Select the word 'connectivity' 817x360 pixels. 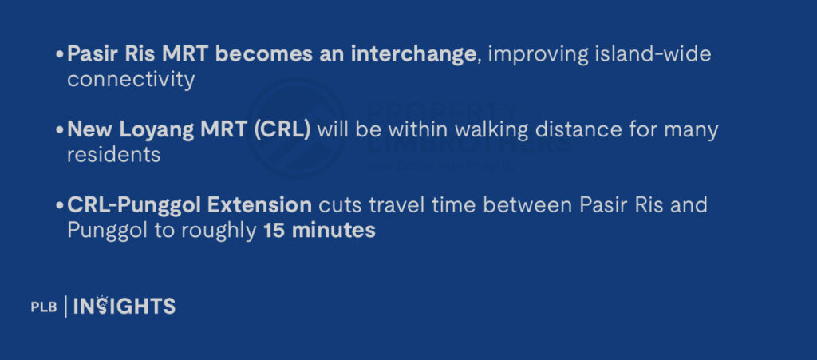tap(131, 80)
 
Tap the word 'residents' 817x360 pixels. tap(114, 155)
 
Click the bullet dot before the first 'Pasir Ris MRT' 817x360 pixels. tap(60, 56)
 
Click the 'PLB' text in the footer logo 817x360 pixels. tap(43, 307)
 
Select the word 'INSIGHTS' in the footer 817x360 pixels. tap(124, 306)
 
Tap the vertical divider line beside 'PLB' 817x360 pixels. tap(65, 306)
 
